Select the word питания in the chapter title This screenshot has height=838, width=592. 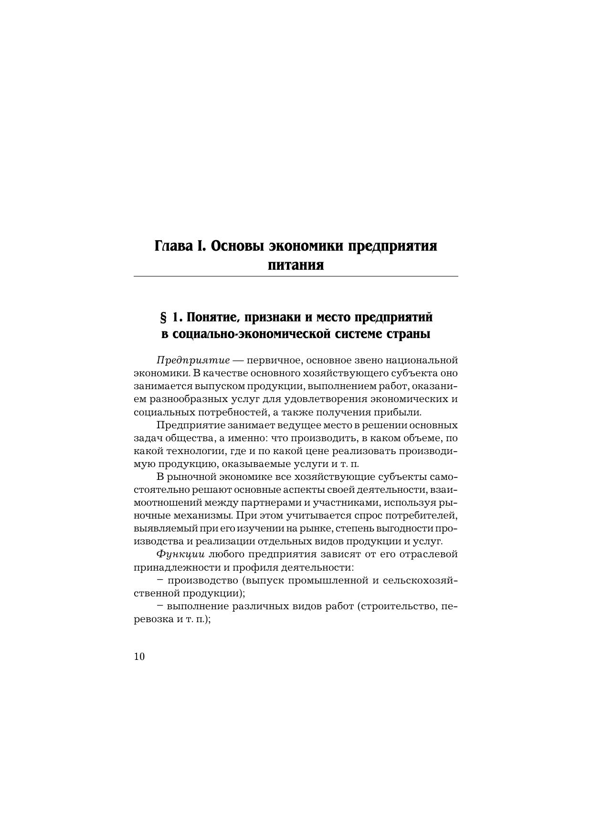click(296, 265)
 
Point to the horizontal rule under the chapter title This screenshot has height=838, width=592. click(296, 276)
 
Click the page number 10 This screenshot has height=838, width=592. click(139, 657)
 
